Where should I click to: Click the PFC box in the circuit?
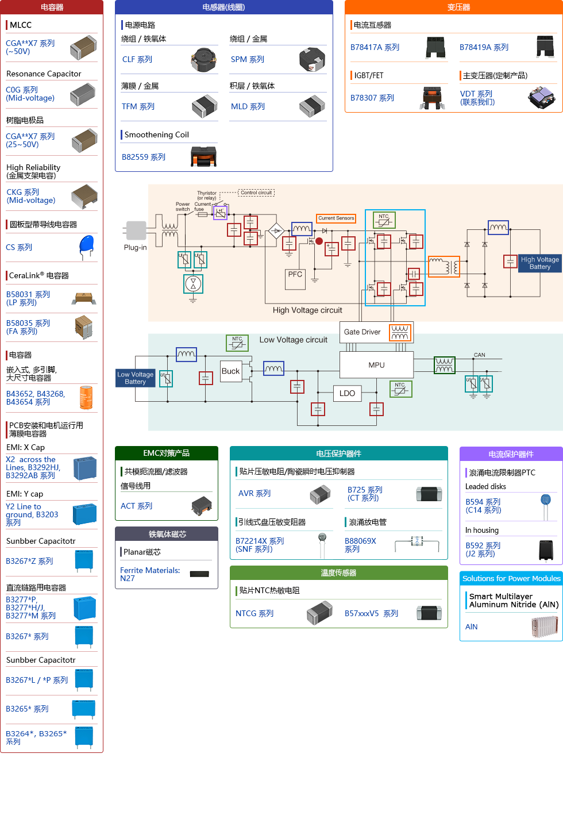pyautogui.click(x=295, y=279)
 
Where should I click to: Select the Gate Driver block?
pyautogui.click(x=376, y=332)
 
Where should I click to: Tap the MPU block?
pyautogui.click(x=376, y=365)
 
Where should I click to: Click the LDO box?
pyautogui.click(x=347, y=393)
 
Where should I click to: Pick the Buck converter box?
pyautogui.click(x=231, y=371)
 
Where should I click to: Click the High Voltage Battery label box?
pyautogui.click(x=539, y=263)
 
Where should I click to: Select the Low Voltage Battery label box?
pyautogui.click(x=135, y=378)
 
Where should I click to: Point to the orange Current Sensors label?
pyautogui.click(x=336, y=218)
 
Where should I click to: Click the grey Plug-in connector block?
pyautogui.click(x=136, y=230)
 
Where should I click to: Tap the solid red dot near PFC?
pyautogui.click(x=319, y=241)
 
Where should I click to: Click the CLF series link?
pyautogui.click(x=137, y=60)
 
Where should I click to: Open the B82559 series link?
pyautogui.click(x=144, y=157)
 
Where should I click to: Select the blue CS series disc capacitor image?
pyautogui.click(x=86, y=247)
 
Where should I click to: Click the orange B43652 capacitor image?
pyautogui.click(x=86, y=398)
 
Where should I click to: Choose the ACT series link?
pyautogui.click(x=137, y=506)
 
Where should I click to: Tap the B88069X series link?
pyautogui.click(x=360, y=545)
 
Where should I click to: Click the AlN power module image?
pyautogui.click(x=545, y=627)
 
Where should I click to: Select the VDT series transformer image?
pyautogui.click(x=541, y=98)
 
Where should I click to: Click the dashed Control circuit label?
pyautogui.click(x=256, y=193)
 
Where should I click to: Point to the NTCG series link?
pyautogui.click(x=254, y=613)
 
